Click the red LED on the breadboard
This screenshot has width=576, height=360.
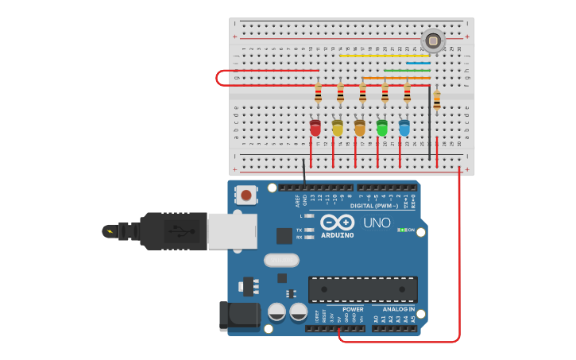point(315,128)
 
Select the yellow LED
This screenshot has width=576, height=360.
point(338,128)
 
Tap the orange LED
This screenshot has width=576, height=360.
point(360,128)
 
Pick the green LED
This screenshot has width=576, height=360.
point(382,128)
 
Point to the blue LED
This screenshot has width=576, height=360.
point(404,128)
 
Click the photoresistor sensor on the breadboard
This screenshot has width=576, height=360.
point(433,40)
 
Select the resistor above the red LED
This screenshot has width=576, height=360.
point(319,95)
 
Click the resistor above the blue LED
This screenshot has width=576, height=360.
point(408,95)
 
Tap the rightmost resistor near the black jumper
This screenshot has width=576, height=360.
point(436,100)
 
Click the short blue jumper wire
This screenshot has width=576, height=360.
point(419,63)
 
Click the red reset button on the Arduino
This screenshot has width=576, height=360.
point(246,195)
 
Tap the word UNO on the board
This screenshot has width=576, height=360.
point(377,223)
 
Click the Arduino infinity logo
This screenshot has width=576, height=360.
point(338,223)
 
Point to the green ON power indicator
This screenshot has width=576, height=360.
point(404,230)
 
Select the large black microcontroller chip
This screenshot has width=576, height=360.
point(362,289)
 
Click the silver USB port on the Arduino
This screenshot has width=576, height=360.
point(232,231)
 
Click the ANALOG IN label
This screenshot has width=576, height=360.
point(398,309)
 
